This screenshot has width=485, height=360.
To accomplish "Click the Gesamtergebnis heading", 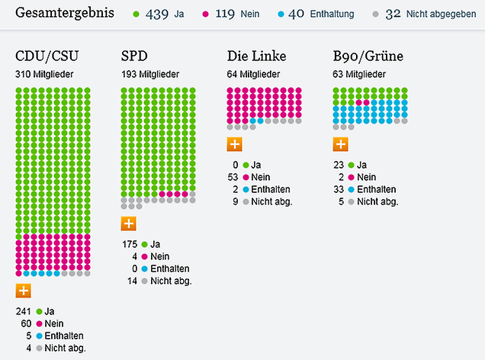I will [65, 14].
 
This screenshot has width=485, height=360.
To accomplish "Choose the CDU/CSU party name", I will [47, 57].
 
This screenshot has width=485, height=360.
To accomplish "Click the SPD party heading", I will [136, 57].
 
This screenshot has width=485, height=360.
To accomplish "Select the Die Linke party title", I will [255, 57].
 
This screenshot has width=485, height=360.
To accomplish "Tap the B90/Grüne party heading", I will [368, 57].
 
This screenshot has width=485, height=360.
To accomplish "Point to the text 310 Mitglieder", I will [46, 74].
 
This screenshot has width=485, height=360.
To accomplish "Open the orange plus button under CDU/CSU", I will [24, 290].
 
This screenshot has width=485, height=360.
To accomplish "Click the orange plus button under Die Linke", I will [235, 143].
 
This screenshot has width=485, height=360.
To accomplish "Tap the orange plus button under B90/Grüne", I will [341, 143].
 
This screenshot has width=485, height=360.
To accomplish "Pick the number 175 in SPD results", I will [130, 244].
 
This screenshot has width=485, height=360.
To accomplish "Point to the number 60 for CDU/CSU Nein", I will [27, 323].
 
